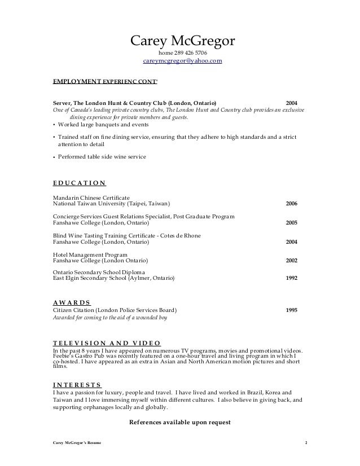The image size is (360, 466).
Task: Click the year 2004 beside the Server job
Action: pyautogui.click(x=292, y=103)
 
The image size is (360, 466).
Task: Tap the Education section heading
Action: pyautogui.click(x=78, y=183)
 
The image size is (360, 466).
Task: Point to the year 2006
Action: pyautogui.click(x=292, y=204)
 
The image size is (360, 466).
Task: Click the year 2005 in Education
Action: pyautogui.click(x=292, y=223)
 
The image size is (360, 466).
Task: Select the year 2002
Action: pyautogui.click(x=292, y=261)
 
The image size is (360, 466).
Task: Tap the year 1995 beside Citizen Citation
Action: pyautogui.click(x=292, y=310)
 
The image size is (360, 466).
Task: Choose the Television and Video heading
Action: pyautogui.click(x=107, y=342)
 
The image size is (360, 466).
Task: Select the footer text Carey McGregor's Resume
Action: pyautogui.click(x=76, y=442)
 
